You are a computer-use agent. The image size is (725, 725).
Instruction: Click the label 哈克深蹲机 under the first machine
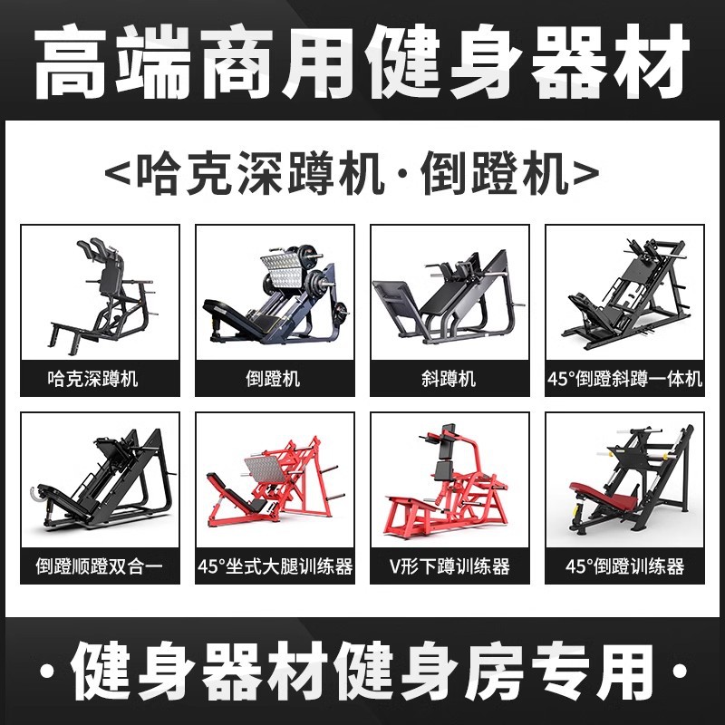92,379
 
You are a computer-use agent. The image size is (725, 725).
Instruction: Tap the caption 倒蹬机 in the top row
273,379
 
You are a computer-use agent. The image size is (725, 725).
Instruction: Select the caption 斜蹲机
449,379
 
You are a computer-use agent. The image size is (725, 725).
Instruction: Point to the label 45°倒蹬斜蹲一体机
624,379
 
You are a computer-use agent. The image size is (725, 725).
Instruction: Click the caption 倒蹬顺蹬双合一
100,565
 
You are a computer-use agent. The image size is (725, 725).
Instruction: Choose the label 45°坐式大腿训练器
275,565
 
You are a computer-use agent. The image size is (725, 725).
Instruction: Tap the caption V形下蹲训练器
449,565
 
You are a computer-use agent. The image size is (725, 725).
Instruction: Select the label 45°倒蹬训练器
624,565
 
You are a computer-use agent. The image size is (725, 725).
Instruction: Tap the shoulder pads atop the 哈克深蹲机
97,247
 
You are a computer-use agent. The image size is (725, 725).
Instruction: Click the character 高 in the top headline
70,63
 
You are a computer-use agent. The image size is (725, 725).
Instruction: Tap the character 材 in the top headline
652,63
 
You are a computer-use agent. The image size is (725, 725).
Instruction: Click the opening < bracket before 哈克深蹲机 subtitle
117,173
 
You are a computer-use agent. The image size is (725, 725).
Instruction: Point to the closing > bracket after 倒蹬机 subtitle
585,173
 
